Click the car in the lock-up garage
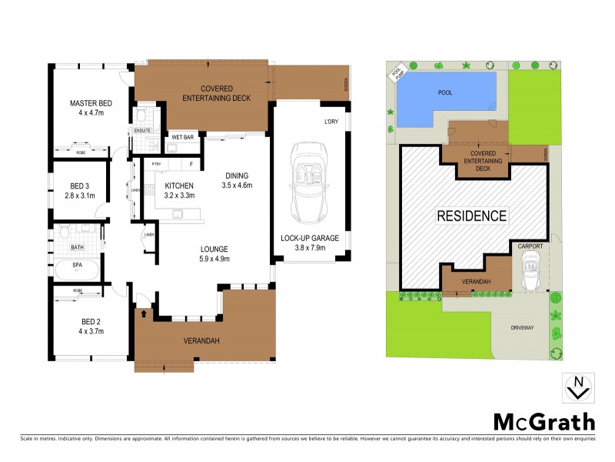pos(307,184)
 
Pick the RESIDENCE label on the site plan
pos(472,216)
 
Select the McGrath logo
pos(544,422)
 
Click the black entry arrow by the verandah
pos(145,313)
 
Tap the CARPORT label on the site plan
pos(530,246)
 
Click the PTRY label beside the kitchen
pos(156,164)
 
